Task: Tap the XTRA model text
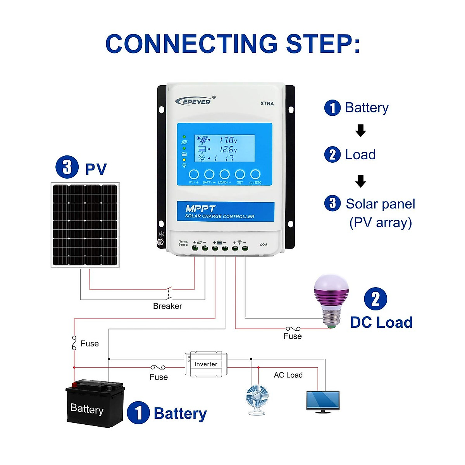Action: point(267,103)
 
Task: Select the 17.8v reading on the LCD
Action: point(228,140)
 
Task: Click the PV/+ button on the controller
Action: point(194,174)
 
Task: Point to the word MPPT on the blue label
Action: point(200,208)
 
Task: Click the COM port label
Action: point(263,245)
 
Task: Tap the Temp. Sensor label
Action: point(183,243)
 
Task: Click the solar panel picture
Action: point(85,225)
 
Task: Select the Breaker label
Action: point(167,306)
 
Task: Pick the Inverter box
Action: point(206,364)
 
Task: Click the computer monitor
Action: point(323,401)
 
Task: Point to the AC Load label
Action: point(288,375)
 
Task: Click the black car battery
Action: point(95,405)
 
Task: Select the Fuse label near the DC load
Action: point(293,336)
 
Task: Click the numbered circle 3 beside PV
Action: point(67,167)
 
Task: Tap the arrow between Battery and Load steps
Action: point(361,131)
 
